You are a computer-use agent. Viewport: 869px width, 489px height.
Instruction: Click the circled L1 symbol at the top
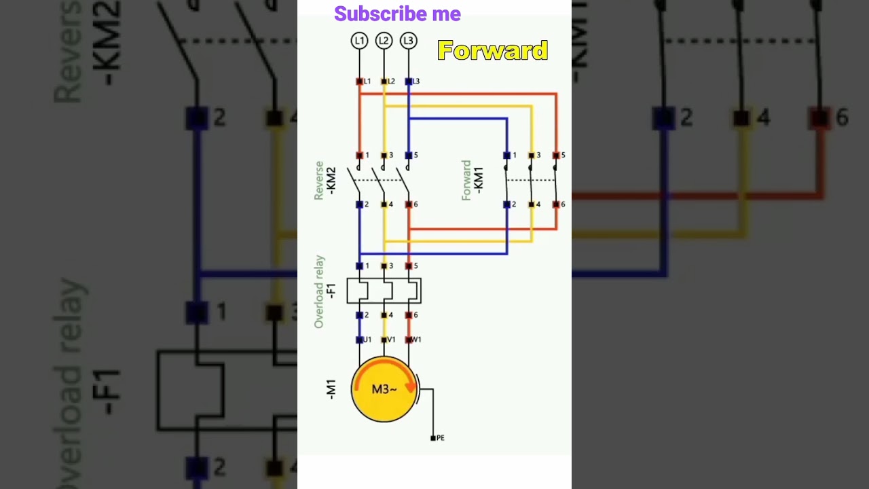pyautogui.click(x=358, y=41)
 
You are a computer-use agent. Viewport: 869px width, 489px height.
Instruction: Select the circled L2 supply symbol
pyautogui.click(x=384, y=41)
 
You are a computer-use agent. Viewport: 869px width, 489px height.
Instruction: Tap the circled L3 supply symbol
pyautogui.click(x=408, y=41)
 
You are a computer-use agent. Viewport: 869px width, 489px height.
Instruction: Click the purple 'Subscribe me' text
pyautogui.click(x=397, y=14)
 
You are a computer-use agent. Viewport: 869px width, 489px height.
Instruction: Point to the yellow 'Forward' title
pyautogui.click(x=492, y=50)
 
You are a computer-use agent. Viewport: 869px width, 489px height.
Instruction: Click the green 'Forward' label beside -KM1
pyautogui.click(x=466, y=180)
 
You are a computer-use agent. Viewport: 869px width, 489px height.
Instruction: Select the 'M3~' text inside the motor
pyautogui.click(x=384, y=389)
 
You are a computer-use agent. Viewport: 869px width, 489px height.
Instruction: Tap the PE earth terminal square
pyautogui.click(x=433, y=438)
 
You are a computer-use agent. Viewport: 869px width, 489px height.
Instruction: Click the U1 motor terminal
pyautogui.click(x=360, y=340)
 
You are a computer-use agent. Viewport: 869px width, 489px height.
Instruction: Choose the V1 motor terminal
pyautogui.click(x=384, y=340)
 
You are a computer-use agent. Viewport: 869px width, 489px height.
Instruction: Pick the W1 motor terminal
pyautogui.click(x=409, y=340)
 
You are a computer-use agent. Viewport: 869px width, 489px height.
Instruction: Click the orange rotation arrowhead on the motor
pyautogui.click(x=410, y=387)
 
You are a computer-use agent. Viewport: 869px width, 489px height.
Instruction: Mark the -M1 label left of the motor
pyautogui.click(x=331, y=389)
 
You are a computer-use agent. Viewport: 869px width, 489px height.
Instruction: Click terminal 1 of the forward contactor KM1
pyautogui.click(x=506, y=156)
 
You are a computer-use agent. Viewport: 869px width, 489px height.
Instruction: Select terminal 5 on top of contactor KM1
pyautogui.click(x=556, y=156)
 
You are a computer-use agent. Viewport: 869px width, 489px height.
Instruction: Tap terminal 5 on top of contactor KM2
pyautogui.click(x=409, y=156)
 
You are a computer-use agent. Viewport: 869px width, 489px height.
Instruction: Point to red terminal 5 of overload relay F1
pyautogui.click(x=409, y=266)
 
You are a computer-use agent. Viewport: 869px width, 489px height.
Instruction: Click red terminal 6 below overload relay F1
pyautogui.click(x=409, y=315)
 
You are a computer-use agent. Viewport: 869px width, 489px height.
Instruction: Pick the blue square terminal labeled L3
pyautogui.click(x=409, y=81)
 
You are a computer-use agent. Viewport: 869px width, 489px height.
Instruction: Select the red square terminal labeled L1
pyautogui.click(x=360, y=81)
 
